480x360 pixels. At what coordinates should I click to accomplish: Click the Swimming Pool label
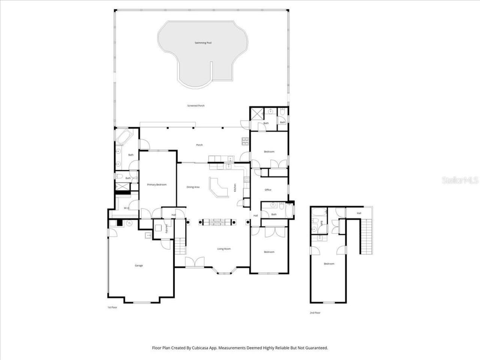pyautogui.click(x=203, y=43)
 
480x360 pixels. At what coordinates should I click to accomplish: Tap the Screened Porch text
pyautogui.click(x=196, y=106)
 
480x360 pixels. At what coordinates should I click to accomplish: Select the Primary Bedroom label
pyautogui.click(x=156, y=184)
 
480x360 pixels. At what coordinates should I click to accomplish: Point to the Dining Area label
pyautogui.click(x=193, y=187)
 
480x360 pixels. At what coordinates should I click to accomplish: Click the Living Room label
pyautogui.click(x=224, y=249)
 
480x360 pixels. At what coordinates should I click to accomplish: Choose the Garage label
pyautogui.click(x=139, y=265)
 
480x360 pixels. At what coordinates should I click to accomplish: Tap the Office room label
pyautogui.click(x=268, y=190)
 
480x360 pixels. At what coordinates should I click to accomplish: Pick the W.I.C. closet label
pyautogui.click(x=127, y=208)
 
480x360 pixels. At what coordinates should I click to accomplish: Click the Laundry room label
pyautogui.click(x=166, y=229)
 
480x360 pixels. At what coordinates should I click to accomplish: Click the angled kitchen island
pyautogui.click(x=219, y=187)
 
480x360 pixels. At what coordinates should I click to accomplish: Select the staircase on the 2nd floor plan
pyautogui.click(x=366, y=236)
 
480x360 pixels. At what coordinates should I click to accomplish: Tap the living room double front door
pyautogui.click(x=195, y=262)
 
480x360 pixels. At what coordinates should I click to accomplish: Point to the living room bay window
pyautogui.click(x=224, y=271)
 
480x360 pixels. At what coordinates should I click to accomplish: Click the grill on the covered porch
pyautogui.click(x=245, y=141)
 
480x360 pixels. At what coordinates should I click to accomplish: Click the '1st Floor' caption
pyautogui.click(x=112, y=307)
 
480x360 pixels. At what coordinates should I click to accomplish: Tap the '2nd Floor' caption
pyautogui.click(x=315, y=312)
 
